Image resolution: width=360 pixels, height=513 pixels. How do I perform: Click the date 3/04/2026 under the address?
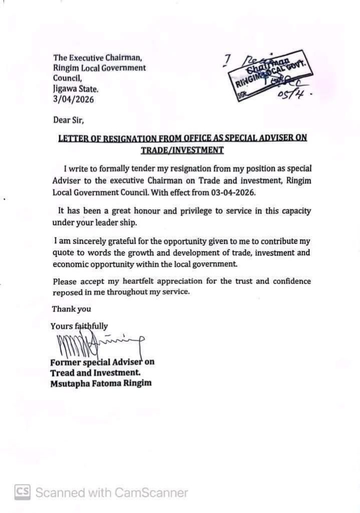click(73, 99)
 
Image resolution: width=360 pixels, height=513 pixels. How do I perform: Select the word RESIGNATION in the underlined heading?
click(121, 138)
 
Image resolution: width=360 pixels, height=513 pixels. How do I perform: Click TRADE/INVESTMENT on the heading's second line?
click(182, 150)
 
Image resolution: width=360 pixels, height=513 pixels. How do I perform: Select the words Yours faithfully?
click(79, 326)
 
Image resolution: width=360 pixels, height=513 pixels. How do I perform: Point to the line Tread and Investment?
click(95, 373)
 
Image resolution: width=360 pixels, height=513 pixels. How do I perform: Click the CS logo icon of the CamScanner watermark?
click(22, 492)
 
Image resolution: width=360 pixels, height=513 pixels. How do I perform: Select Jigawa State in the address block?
click(76, 89)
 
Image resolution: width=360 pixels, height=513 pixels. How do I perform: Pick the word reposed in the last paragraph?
click(68, 292)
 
